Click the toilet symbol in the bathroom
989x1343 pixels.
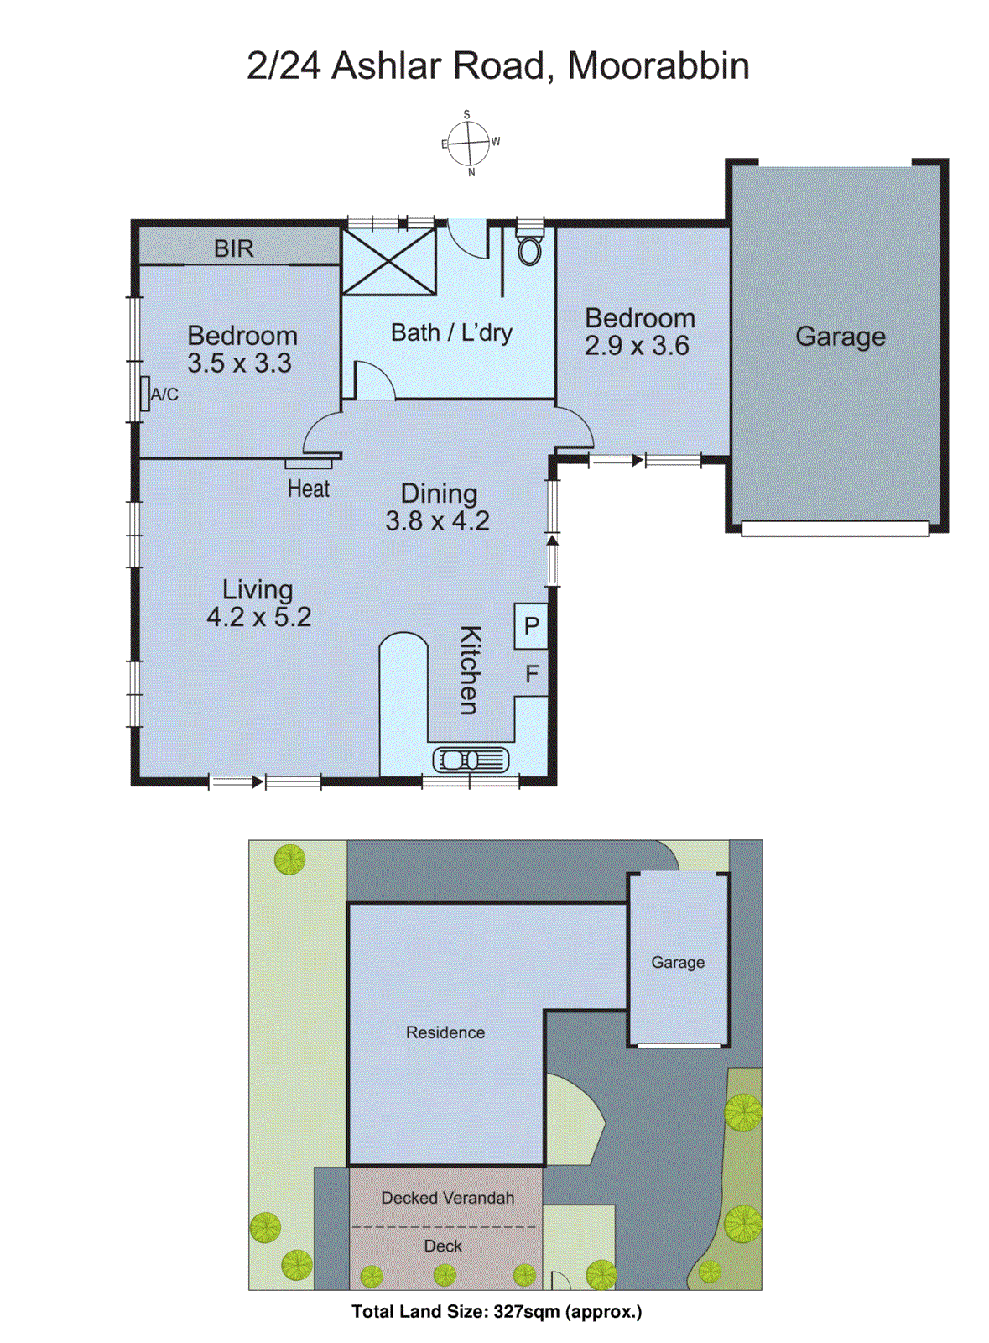529,248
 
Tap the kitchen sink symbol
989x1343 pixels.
471,760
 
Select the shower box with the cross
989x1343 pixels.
389,261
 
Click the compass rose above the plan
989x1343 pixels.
468,144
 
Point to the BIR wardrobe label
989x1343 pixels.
233,248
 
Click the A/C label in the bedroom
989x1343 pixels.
164,395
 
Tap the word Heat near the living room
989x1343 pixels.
308,489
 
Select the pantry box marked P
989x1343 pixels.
531,626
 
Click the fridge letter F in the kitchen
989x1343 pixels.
531,674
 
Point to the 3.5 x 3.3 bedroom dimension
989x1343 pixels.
239,363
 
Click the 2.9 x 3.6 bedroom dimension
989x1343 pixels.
637,346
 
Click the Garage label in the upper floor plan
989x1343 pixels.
840,337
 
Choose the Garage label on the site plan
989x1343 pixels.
678,963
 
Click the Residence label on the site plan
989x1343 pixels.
445,1032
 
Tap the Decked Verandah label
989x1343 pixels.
447,1198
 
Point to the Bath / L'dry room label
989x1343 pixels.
451,333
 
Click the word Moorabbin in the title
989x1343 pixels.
658,65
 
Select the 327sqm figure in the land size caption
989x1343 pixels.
526,1311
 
